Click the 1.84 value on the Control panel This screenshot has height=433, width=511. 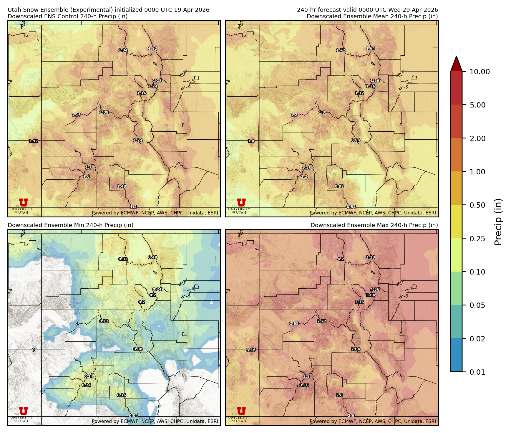point(123,50)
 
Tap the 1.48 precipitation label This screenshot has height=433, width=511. point(122,186)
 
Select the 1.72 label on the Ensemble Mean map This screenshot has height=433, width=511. point(341,50)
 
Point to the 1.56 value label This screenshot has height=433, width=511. point(375,81)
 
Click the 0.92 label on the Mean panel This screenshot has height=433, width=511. point(339,186)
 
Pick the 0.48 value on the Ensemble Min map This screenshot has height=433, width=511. point(152,257)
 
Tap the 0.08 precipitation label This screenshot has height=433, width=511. point(138,349)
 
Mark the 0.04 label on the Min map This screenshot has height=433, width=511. point(133,416)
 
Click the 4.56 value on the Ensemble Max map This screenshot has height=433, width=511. point(375,290)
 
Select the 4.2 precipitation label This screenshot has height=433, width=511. point(341,259)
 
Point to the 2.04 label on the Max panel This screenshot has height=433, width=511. point(356,349)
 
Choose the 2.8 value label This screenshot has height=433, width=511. point(306,376)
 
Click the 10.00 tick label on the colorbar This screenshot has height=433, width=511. point(480,72)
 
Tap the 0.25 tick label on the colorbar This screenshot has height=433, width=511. point(477,239)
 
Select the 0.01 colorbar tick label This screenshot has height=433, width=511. point(477,372)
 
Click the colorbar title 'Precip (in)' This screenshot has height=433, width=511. point(498,222)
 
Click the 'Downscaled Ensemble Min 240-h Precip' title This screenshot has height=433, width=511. point(71,225)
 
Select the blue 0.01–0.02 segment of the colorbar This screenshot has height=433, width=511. point(456,355)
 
